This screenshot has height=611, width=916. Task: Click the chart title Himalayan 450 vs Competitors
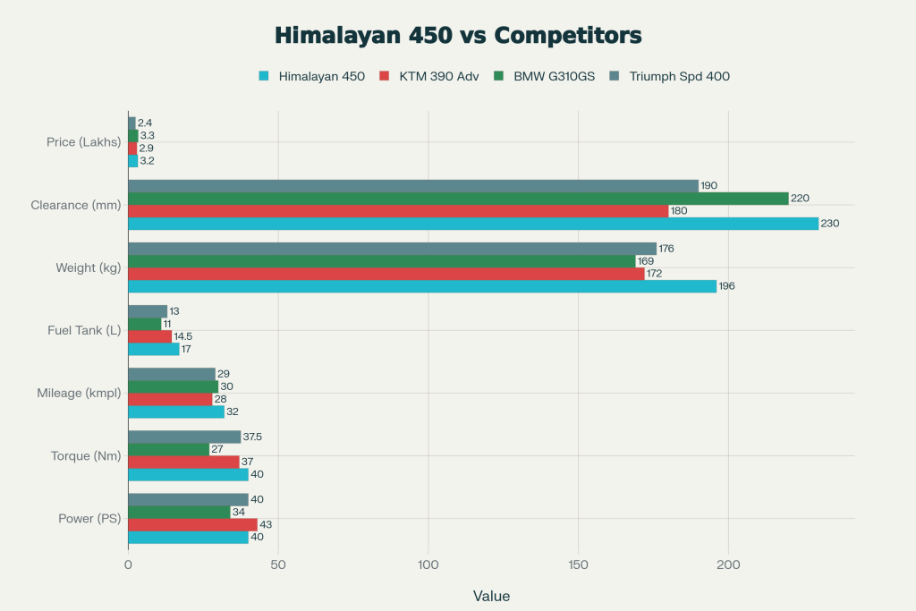click(x=458, y=35)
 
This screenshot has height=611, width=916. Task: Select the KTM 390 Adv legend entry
click(x=437, y=76)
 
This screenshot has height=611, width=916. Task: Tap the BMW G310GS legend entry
click(x=552, y=76)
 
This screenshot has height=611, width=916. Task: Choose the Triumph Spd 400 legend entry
click(x=678, y=76)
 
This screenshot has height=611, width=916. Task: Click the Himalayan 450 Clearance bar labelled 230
click(x=473, y=224)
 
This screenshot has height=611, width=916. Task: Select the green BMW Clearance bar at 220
click(x=458, y=199)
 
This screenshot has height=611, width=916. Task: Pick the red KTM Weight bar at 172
click(x=386, y=274)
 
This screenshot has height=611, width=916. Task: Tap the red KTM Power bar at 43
click(x=192, y=524)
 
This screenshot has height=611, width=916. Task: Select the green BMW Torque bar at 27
click(x=168, y=449)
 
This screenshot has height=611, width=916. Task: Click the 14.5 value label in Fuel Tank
click(x=183, y=336)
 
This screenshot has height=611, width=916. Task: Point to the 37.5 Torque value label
click(x=252, y=437)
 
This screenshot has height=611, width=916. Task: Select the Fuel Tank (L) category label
click(x=84, y=330)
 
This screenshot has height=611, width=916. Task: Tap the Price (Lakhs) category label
click(x=83, y=141)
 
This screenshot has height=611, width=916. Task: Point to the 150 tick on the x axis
click(x=579, y=565)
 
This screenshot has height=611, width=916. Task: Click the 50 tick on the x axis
click(x=278, y=565)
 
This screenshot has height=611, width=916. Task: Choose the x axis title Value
click(x=491, y=596)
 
